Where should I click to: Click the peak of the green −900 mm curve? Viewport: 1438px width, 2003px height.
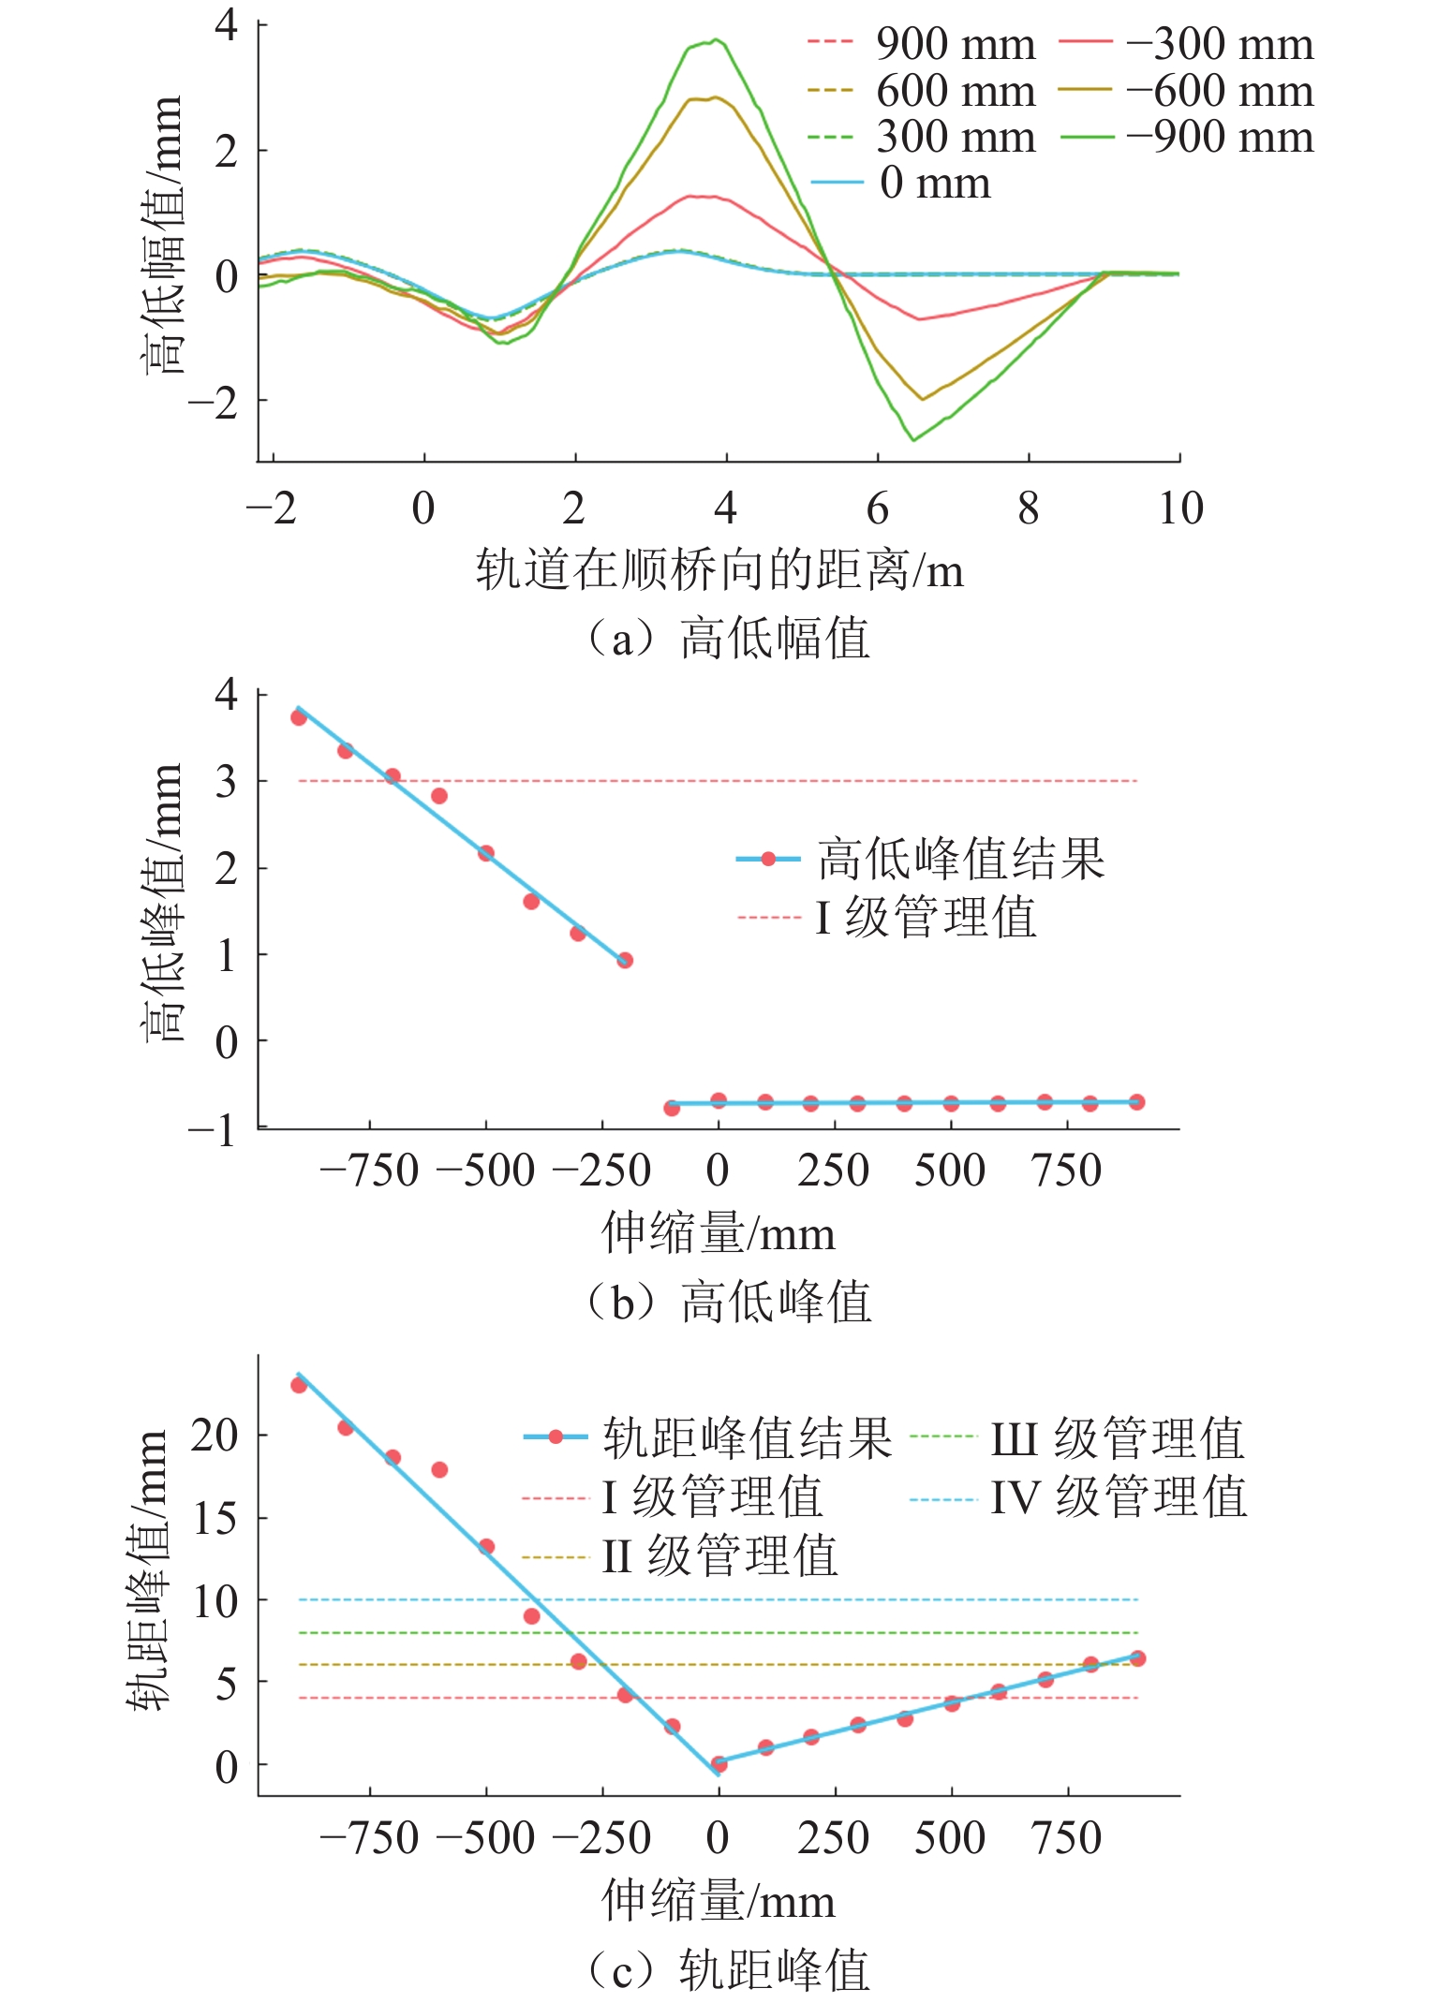(716, 39)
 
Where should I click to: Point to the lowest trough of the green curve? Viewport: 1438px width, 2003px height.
(913, 439)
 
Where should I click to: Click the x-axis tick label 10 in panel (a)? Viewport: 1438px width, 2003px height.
(1179, 508)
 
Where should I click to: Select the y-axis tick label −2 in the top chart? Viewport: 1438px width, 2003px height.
(215, 401)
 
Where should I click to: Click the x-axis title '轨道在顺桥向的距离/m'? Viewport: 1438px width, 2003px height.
(719, 569)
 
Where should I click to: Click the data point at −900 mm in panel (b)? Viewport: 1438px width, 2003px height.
(299, 717)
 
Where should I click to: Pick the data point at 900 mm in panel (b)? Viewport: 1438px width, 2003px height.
(1136, 1102)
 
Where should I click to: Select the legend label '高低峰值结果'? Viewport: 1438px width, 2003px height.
(960, 859)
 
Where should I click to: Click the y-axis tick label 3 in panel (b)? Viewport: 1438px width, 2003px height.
(226, 781)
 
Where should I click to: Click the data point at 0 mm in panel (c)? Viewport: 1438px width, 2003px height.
(719, 1764)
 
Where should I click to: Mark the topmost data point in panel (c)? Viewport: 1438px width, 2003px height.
(299, 1385)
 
